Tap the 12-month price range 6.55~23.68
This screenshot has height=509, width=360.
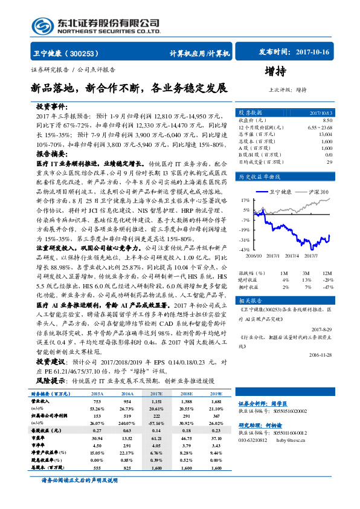(x=320, y=128)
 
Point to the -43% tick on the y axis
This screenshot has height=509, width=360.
(x=245, y=249)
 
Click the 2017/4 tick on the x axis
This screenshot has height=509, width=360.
(x=293, y=254)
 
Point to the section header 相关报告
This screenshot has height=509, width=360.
(x=250, y=300)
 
